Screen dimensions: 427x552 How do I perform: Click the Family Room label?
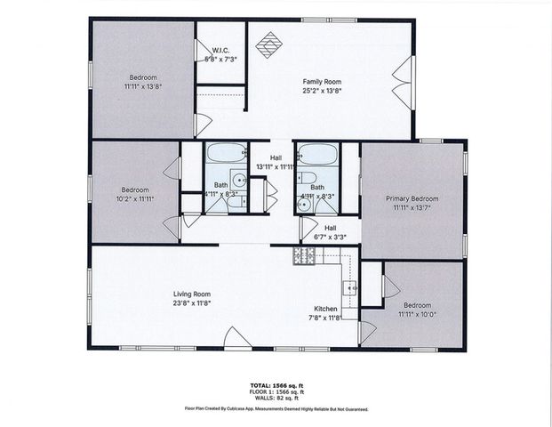point(321,81)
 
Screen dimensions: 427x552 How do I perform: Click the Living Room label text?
point(191,293)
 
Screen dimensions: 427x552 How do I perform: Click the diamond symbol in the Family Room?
point(268,43)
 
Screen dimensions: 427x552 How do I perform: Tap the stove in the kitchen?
point(304,256)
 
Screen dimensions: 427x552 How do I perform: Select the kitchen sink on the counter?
point(350,287)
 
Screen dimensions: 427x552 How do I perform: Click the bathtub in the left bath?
point(227,154)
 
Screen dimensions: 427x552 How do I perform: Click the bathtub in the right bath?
point(317,154)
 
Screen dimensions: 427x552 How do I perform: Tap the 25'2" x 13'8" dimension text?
point(321,90)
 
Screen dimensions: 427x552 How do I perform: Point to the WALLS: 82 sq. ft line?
point(276,398)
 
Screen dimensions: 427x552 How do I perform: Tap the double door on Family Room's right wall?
point(405,82)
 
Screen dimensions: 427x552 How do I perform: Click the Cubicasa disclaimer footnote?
point(276,409)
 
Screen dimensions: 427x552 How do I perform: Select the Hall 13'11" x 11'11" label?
point(275,161)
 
